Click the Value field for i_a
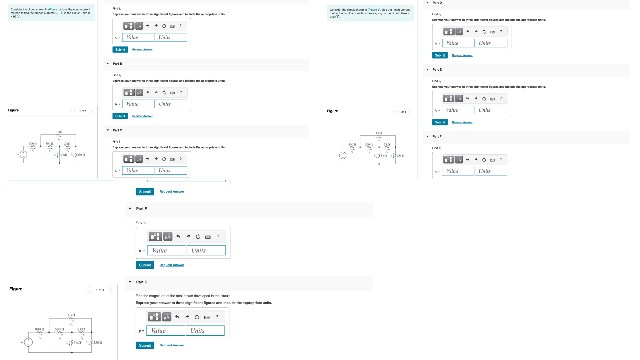(x=138, y=37)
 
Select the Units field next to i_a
(x=171, y=37)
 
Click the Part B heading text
(x=117, y=64)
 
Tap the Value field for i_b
(x=138, y=104)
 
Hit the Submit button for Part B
(x=120, y=116)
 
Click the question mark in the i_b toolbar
(x=181, y=93)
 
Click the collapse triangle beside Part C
(x=108, y=130)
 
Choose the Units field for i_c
(x=171, y=171)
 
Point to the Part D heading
(x=437, y=3)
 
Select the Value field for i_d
(x=458, y=43)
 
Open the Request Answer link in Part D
(x=462, y=55)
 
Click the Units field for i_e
(x=491, y=110)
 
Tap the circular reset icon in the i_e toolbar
(x=484, y=99)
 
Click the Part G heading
(x=142, y=282)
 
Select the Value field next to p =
(x=166, y=331)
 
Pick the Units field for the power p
(x=205, y=331)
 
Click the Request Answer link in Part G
(x=172, y=345)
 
